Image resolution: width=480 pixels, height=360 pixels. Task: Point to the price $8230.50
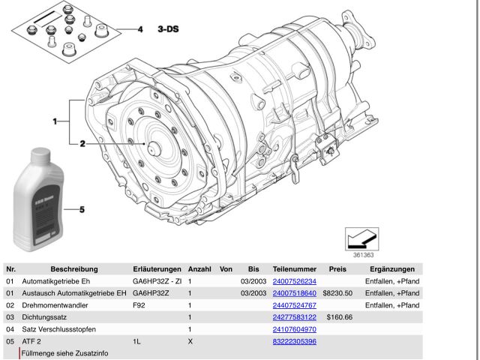click(x=337, y=293)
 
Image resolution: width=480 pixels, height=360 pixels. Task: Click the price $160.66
click(x=340, y=317)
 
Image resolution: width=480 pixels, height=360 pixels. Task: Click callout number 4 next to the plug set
click(x=139, y=29)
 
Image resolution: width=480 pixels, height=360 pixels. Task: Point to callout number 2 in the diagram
click(x=83, y=142)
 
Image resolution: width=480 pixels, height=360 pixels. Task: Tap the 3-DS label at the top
click(x=168, y=29)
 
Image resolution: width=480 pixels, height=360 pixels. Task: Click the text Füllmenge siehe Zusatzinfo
click(x=64, y=352)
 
